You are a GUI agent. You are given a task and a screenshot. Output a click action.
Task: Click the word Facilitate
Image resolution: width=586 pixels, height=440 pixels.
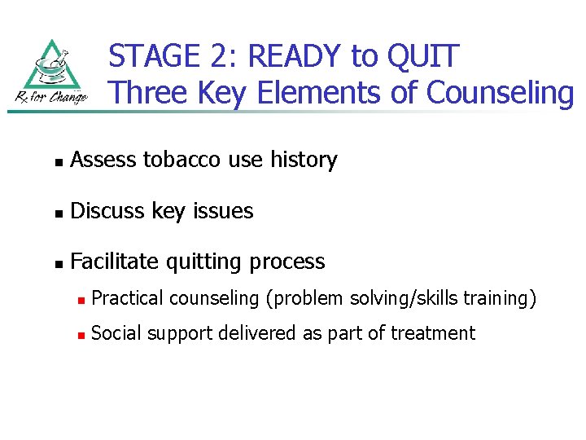pos(115,262)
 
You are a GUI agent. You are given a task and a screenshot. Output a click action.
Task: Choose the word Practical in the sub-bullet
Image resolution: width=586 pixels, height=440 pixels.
pos(128,299)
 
